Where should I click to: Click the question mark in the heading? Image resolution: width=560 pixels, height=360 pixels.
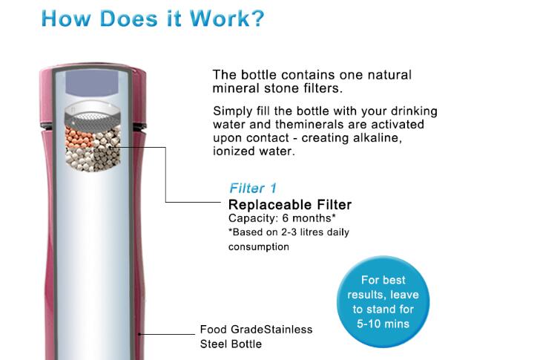pyautogui.click(x=257, y=19)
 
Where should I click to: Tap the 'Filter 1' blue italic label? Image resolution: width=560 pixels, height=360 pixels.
pyautogui.click(x=253, y=188)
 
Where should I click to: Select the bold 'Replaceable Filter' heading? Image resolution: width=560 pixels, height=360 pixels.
pyautogui.click(x=290, y=205)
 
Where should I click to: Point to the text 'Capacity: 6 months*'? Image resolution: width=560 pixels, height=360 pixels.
pyautogui.click(x=282, y=218)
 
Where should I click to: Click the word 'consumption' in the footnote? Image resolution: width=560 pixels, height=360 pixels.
pyautogui.click(x=259, y=246)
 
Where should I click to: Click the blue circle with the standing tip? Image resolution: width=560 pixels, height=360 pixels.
pyautogui.click(x=383, y=301)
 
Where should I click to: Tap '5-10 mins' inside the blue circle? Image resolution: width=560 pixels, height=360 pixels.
pyautogui.click(x=383, y=324)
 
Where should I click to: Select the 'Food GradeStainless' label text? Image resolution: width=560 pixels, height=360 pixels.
pyautogui.click(x=256, y=330)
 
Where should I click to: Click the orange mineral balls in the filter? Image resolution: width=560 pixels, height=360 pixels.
pyautogui.click(x=78, y=137)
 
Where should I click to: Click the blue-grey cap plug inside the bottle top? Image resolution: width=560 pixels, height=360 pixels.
pyautogui.click(x=92, y=84)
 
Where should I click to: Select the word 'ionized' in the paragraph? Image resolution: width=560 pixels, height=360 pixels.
pyautogui.click(x=234, y=151)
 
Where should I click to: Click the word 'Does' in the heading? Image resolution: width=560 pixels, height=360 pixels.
pyautogui.click(x=128, y=19)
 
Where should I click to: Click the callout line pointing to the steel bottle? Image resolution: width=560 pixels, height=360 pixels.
pyautogui.click(x=167, y=334)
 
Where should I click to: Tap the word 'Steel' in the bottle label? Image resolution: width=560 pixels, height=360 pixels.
pyautogui.click(x=213, y=344)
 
